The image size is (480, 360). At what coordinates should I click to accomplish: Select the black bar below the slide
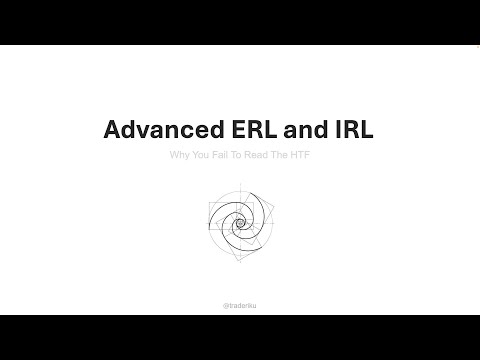(x=240, y=337)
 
